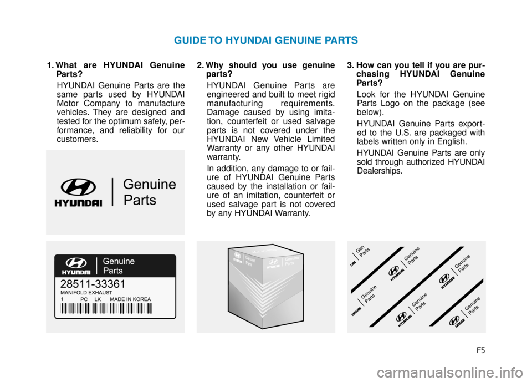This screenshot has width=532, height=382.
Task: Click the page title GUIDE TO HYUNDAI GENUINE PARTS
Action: tap(265, 40)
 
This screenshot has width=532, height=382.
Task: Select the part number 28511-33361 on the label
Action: tap(93, 284)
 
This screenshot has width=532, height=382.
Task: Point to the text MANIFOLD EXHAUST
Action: tap(86, 292)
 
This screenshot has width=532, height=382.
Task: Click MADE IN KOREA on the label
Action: tap(130, 299)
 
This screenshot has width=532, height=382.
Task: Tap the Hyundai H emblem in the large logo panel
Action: tap(78, 188)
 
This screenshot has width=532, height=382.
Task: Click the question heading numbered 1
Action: tap(115, 69)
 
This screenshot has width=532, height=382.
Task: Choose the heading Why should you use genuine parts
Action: tap(265, 69)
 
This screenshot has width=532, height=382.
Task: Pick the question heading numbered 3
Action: tap(416, 74)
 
